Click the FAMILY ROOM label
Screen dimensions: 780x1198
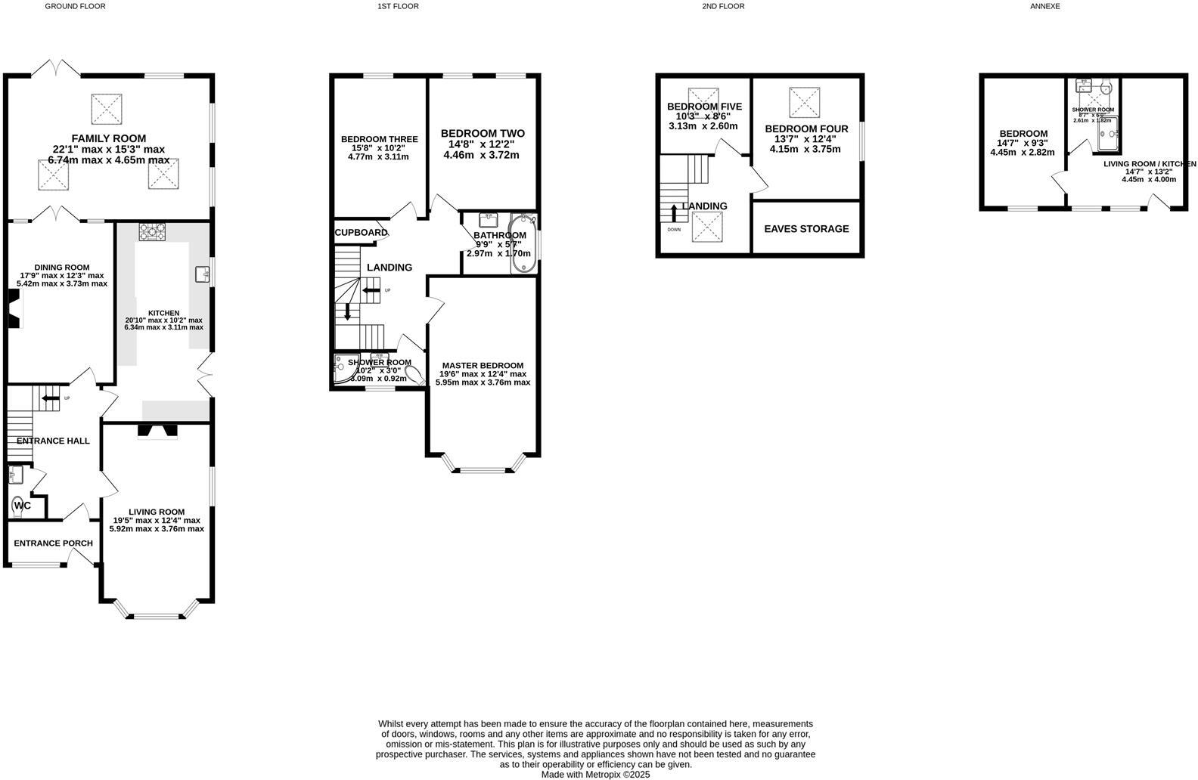(x=109, y=138)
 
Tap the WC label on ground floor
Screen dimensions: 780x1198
(x=23, y=506)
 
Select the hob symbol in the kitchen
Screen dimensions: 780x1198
(x=151, y=231)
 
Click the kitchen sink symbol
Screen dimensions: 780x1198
(x=202, y=274)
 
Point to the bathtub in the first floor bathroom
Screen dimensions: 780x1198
(x=523, y=244)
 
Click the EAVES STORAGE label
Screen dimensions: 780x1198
(x=806, y=229)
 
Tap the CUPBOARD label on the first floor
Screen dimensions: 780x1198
(x=361, y=233)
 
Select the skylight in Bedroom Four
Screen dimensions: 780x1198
(x=804, y=102)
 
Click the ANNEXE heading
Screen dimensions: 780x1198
(x=1045, y=6)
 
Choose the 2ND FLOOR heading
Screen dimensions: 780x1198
(x=723, y=6)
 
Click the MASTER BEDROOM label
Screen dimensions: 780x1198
(x=483, y=366)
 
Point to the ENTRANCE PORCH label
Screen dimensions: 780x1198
(x=53, y=543)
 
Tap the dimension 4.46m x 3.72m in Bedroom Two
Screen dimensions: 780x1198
(x=481, y=156)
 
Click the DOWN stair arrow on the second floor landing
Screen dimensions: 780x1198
(x=674, y=213)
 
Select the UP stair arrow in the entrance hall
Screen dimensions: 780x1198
(x=50, y=398)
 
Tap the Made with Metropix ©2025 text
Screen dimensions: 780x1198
(x=595, y=775)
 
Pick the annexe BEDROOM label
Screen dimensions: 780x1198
(x=1022, y=134)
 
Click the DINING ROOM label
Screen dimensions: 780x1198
(x=61, y=268)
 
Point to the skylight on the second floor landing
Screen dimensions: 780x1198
(x=708, y=227)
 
